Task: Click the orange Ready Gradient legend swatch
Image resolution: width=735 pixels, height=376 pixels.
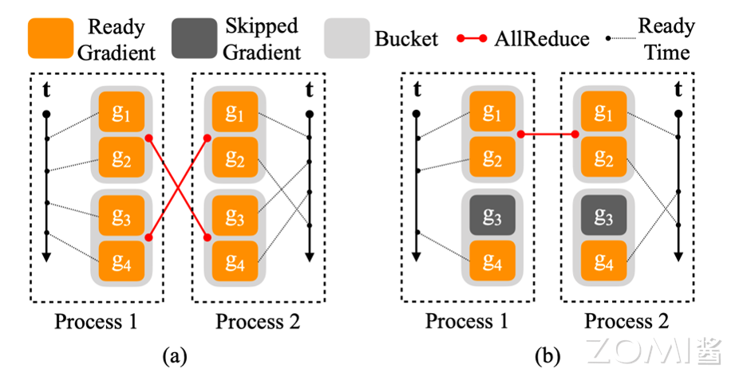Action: pos(50,38)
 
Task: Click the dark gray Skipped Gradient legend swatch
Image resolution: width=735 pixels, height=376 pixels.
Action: pos(195,38)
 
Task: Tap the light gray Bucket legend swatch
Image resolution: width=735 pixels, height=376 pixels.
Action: pos(347,38)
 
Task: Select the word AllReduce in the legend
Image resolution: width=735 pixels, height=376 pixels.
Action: pos(542,38)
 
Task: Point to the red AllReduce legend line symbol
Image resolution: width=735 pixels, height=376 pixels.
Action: pos(472,38)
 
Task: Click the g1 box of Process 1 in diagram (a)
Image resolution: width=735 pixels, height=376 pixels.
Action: pos(121,112)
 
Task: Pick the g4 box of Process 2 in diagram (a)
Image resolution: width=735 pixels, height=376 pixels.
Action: pos(235,261)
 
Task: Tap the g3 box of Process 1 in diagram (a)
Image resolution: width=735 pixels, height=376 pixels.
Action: pos(121,216)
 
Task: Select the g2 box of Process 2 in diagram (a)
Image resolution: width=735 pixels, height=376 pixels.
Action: pos(235,157)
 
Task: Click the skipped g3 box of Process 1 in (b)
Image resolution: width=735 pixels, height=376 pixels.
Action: pos(492,216)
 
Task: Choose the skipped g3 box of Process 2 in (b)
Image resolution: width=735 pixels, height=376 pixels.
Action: pos(604,216)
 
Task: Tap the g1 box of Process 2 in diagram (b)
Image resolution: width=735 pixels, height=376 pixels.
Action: pos(604,112)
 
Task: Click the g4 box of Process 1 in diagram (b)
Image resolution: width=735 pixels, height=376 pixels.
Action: pos(492,261)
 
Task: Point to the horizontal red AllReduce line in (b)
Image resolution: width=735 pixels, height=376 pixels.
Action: pos(548,135)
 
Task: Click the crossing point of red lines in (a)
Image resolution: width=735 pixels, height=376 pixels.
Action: pos(178,188)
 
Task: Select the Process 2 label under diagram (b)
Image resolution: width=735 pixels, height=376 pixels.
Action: pos(626,321)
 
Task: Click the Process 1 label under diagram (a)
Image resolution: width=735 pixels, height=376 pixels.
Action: pos(96,321)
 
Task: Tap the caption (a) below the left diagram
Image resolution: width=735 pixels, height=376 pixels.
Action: pos(175,357)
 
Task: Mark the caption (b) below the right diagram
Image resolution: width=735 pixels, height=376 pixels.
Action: pos(548,357)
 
